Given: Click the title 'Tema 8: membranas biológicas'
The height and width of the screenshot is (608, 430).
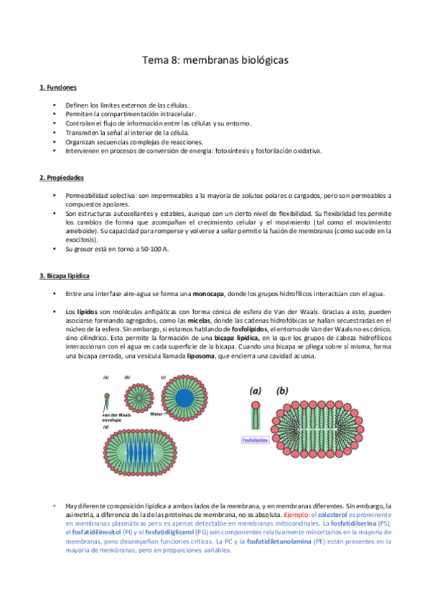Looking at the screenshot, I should coord(215,61).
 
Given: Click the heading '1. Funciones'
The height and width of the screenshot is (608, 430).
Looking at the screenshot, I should coord(57,87).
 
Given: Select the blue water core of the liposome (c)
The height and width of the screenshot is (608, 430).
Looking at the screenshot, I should coord(184,399).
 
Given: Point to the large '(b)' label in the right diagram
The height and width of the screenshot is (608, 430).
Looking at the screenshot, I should coord(282,391).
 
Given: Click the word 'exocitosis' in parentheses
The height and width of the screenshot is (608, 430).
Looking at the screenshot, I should coord(83,240).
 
